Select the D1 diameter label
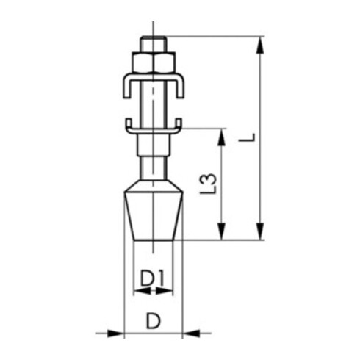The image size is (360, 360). coord(152,278)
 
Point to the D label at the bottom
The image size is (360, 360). coord(152,321)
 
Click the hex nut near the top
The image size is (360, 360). coord(153,61)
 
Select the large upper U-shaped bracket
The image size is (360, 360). coord(153,77)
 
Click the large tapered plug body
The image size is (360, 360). coord(153,217)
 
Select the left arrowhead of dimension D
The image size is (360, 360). coord(118,334)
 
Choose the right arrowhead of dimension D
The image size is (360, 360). coord(188,334)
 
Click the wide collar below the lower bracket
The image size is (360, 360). coord(153,145)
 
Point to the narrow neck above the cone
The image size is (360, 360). coord(153,167)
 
